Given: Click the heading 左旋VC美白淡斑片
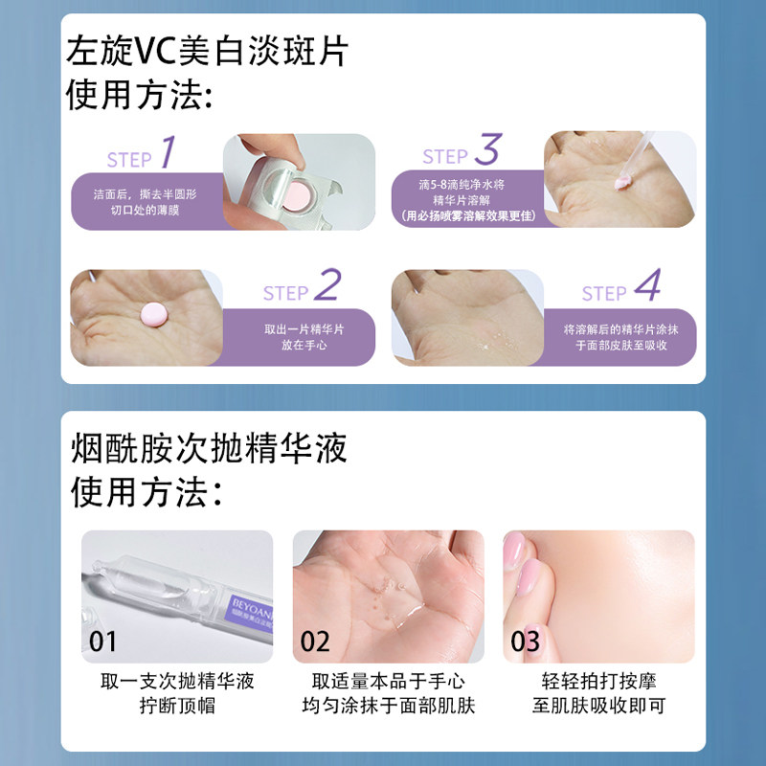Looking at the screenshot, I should (x=207, y=51).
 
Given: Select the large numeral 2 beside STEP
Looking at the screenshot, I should (x=327, y=284).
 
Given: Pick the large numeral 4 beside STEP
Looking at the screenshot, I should (x=647, y=284).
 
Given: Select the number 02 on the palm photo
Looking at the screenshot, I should (x=315, y=641).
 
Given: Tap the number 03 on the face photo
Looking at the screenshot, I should (x=525, y=641).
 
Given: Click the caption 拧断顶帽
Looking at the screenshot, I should (x=177, y=707).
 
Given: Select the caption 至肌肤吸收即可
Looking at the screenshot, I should (x=598, y=707).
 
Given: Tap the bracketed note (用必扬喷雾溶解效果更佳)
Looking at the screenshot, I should (x=465, y=215).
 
